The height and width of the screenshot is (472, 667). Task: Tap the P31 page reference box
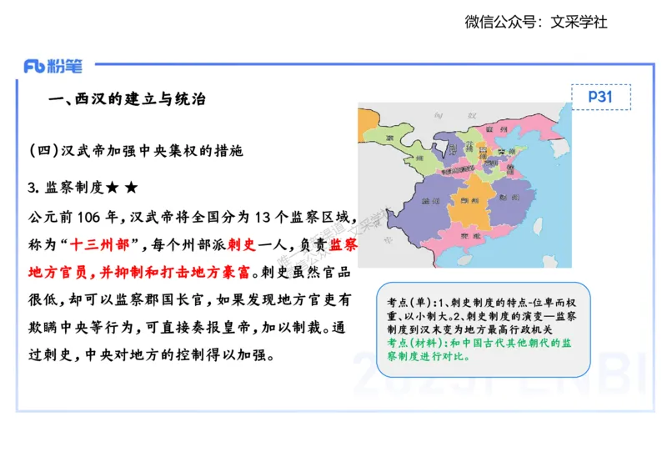coord(600,97)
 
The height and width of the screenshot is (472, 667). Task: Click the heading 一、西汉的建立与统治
coord(128,99)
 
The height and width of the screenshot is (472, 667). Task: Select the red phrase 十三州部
coord(98,245)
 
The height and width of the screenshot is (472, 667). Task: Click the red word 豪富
coord(237,273)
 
